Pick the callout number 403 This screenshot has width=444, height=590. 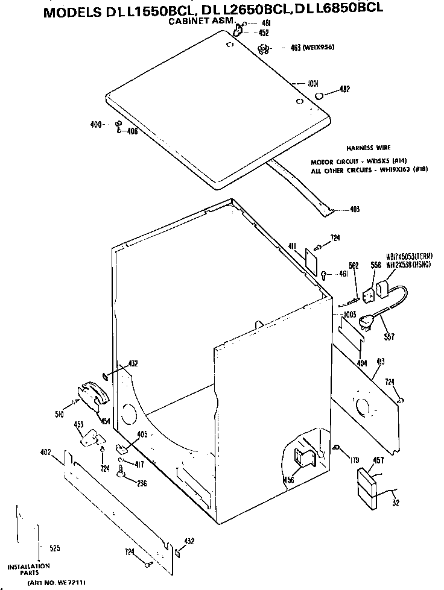coord(355,210)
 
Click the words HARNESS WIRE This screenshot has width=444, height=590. coord(368,148)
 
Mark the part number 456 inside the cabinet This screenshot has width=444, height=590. coord(289,480)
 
